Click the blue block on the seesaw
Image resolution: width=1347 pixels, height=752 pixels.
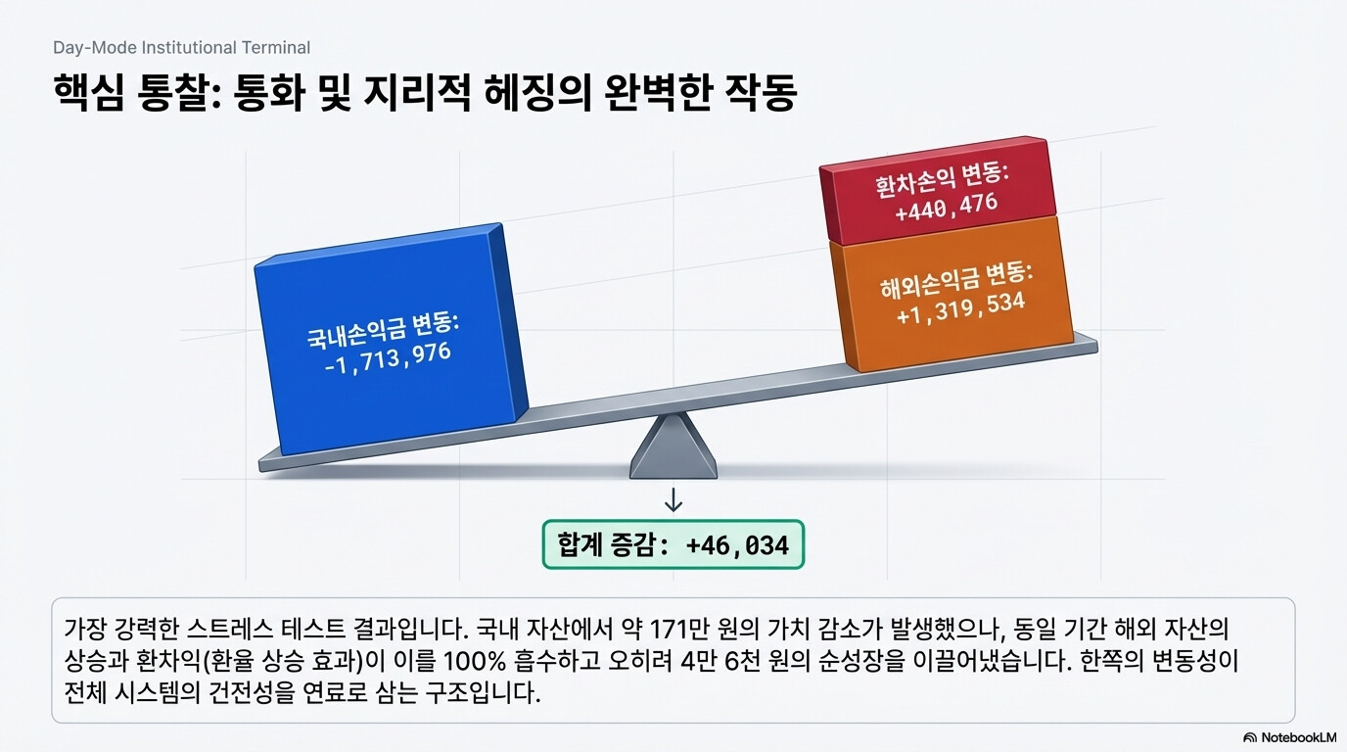391,340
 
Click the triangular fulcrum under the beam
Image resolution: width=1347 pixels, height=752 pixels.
673,446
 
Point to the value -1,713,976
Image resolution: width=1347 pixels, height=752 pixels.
388,358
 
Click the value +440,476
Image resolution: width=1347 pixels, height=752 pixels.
946,207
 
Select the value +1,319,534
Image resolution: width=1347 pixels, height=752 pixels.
960,308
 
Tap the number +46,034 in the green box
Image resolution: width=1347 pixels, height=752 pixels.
737,545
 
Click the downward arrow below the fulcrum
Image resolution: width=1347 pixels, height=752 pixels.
673,500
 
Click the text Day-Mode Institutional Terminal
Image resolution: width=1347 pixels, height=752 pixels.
182,48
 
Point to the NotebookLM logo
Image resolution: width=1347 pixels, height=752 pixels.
1289,737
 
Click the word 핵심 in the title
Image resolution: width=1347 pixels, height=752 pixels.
88,92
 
